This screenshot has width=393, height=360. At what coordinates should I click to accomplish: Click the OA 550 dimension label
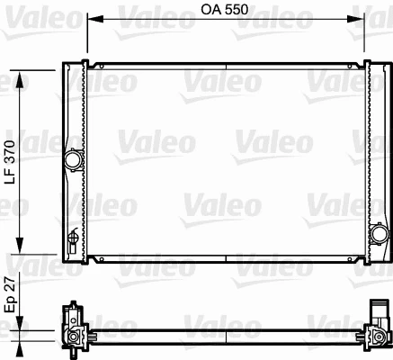[224, 10]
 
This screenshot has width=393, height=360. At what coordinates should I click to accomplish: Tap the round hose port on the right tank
[376, 234]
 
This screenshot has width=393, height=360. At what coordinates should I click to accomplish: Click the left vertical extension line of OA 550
[86, 36]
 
